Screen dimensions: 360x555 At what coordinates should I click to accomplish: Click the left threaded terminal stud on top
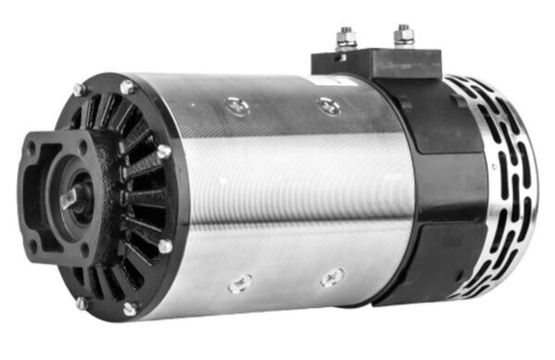(346, 38)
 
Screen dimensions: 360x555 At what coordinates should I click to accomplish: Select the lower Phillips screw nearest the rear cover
(331, 276)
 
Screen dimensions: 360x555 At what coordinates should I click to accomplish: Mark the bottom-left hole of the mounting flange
(34, 245)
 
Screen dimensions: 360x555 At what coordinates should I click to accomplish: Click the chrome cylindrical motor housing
(277, 194)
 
